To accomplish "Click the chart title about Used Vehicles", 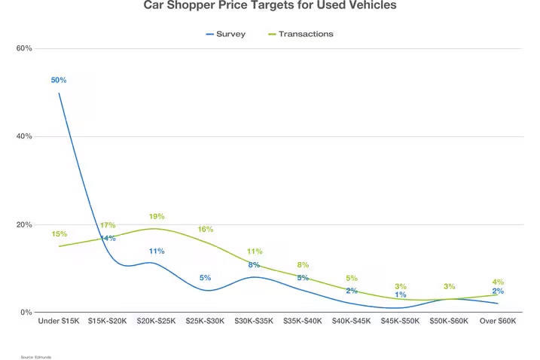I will (270, 6).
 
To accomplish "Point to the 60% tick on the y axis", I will (24, 48).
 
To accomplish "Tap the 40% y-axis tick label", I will (24, 136).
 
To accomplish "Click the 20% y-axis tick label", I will (24, 224).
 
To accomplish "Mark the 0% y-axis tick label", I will (26, 313).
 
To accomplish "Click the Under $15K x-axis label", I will (59, 322).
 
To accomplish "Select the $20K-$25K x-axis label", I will (156, 322).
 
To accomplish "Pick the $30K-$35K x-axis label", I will (254, 322).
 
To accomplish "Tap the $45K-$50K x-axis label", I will (400, 322).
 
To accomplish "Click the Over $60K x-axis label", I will (498, 322).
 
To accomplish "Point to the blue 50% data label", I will (59, 80).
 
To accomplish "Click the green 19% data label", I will (157, 217).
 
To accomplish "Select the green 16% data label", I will (205, 230).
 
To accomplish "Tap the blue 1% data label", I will (400, 295).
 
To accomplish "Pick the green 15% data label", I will (59, 234).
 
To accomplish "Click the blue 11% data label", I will (157, 252).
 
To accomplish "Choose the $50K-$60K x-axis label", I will (449, 322).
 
